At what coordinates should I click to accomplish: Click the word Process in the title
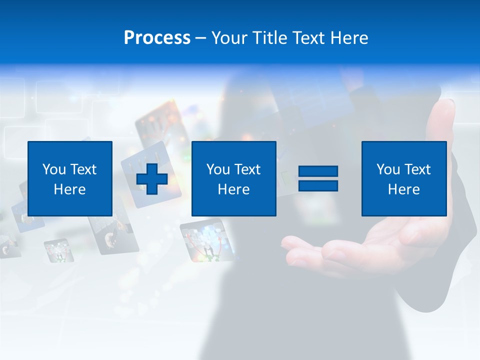(x=157, y=38)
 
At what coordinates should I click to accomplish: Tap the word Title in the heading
(x=269, y=38)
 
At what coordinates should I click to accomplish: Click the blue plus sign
(x=152, y=179)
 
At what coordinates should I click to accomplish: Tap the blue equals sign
(x=318, y=179)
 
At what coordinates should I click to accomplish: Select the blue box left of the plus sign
(x=70, y=179)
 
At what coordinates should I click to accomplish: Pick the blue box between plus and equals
(x=233, y=179)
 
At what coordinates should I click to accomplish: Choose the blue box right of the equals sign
(x=403, y=179)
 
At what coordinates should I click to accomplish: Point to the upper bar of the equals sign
(x=318, y=172)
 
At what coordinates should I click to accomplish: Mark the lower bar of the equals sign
(x=318, y=186)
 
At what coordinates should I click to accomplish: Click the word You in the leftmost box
(x=53, y=169)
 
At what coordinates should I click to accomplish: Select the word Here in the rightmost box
(x=403, y=189)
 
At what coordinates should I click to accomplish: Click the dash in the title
(x=201, y=38)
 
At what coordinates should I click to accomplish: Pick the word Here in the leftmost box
(x=70, y=189)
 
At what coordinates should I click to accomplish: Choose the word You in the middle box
(x=217, y=169)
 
